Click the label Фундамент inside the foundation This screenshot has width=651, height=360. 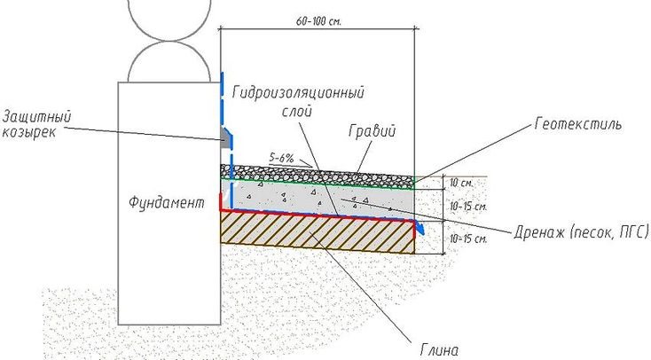(167, 203)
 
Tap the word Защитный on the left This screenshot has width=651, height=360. (37, 117)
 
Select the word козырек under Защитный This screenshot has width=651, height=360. (28, 133)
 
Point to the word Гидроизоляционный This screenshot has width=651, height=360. (298, 92)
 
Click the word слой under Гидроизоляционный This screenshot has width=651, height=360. (296, 111)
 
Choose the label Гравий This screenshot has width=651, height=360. (372, 131)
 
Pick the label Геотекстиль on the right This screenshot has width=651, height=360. (578, 124)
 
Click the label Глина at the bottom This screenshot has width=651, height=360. (439, 349)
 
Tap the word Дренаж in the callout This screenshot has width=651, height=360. (539, 232)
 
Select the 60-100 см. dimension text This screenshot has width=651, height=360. (319, 21)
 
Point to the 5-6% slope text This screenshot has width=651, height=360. (281, 158)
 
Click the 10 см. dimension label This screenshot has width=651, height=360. (461, 183)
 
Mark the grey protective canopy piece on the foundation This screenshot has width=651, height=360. (226, 138)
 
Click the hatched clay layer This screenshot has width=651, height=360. (318, 232)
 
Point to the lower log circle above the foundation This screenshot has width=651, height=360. (169, 61)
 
